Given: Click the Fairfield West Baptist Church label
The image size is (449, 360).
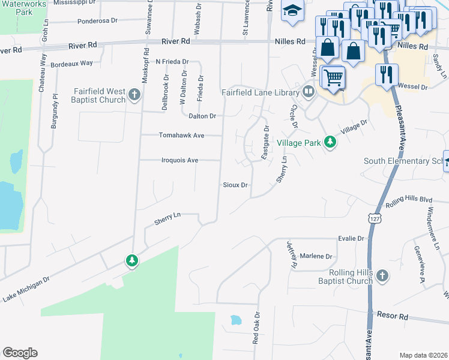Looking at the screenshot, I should (x=99, y=95).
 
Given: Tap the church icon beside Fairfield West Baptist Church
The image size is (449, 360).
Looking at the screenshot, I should (x=134, y=94).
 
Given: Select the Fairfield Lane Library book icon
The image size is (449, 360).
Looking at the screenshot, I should (x=309, y=92).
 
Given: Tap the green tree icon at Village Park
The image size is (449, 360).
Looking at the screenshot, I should (x=329, y=142).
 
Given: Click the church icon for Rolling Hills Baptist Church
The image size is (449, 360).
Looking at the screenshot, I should (x=382, y=275).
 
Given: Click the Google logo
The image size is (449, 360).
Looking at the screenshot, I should (x=20, y=353).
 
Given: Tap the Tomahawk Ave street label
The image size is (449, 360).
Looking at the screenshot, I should (x=181, y=136).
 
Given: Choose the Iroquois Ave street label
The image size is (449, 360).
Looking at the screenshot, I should (x=179, y=160).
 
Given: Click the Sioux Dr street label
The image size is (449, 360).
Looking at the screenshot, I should (x=235, y=185).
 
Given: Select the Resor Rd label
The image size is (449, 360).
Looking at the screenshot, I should (x=392, y=315).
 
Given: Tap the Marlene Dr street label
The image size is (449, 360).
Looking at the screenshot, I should (x=316, y=256).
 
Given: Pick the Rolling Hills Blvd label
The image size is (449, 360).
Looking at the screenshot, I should (x=409, y=200).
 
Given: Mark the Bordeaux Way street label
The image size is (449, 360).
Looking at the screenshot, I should (x=71, y=63).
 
